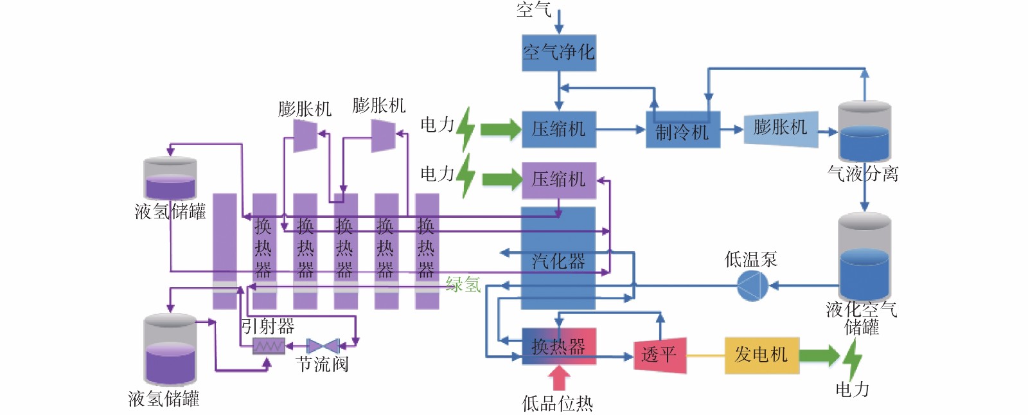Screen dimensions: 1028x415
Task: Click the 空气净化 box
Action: tap(558, 53)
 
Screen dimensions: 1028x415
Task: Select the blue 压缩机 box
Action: tap(558, 129)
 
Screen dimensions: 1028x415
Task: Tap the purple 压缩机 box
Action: tap(558, 180)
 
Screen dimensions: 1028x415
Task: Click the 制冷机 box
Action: tap(682, 129)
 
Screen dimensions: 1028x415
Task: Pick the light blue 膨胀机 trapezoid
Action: tap(781, 129)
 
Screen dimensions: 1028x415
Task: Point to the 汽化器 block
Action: tap(558, 258)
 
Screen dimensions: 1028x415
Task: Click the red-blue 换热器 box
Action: tap(558, 346)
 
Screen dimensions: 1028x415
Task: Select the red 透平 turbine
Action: tap(660, 355)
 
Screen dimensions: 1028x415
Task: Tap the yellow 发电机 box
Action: tap(762, 355)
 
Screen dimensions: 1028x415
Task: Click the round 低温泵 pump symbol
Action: tap(752, 285)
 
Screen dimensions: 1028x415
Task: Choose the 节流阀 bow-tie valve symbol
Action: tap(323, 346)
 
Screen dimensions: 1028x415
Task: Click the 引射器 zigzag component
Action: tap(269, 346)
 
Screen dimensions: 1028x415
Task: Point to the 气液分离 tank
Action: tap(864, 132)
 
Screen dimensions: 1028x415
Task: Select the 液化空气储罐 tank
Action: tap(864, 257)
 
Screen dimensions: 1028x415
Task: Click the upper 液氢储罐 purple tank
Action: tap(170, 179)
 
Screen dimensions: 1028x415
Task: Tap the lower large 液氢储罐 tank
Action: tap(170, 350)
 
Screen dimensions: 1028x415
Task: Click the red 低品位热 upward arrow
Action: tap(558, 377)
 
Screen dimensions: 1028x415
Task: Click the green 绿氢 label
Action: tap(463, 285)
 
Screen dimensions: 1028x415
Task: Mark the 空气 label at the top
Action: tap(534, 10)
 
